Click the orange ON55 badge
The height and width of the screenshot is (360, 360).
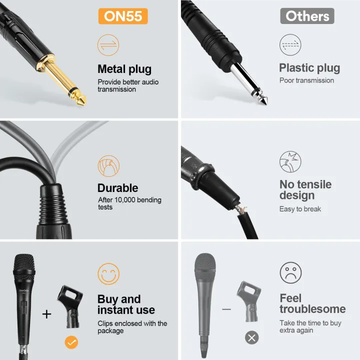point(123,16)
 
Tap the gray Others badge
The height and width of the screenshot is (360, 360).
point(307,16)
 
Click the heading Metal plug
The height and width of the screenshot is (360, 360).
point(124,69)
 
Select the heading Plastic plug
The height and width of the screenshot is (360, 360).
point(309,68)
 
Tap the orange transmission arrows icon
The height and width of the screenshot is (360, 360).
point(108,45)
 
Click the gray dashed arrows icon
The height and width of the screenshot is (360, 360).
point(290,45)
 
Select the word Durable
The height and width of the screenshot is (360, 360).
point(118,188)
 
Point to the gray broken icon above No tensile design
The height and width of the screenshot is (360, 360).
point(290,162)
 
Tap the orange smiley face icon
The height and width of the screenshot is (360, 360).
point(108,274)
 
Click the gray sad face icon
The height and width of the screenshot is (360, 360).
point(290,273)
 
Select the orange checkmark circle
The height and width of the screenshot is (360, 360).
point(71,342)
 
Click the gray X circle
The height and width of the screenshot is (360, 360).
point(252,338)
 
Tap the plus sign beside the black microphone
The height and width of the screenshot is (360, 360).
point(46,314)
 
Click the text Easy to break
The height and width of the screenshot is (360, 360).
point(300,209)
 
